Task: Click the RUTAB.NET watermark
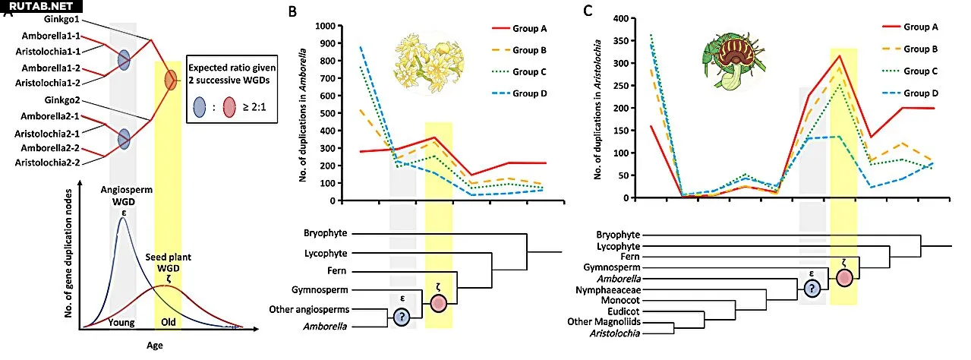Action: tap(36, 7)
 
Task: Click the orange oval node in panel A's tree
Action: tap(170, 77)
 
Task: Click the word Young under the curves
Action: tap(121, 323)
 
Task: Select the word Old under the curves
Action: tap(169, 323)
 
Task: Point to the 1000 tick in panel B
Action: tap(324, 25)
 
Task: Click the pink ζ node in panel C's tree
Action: tap(844, 276)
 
